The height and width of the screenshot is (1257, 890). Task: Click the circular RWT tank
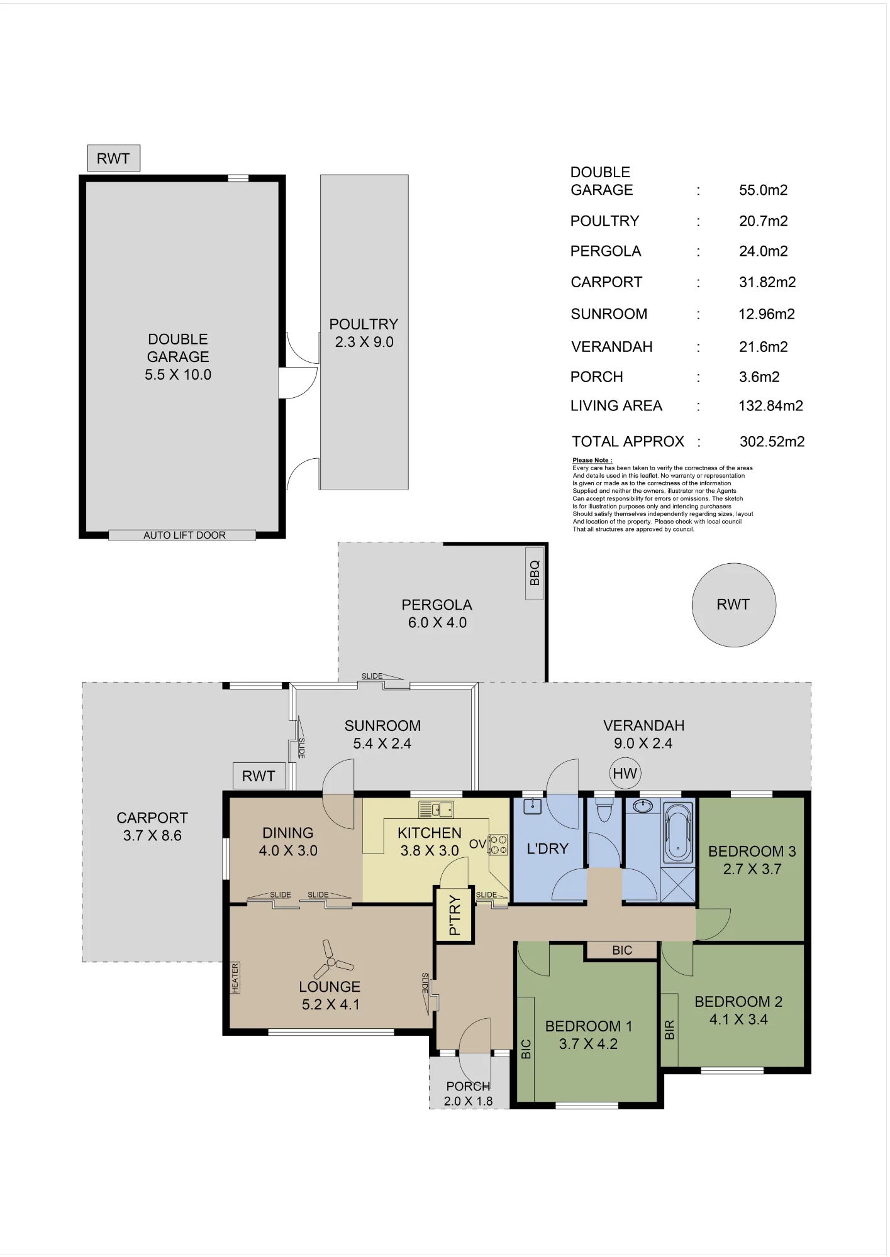pyautogui.click(x=733, y=605)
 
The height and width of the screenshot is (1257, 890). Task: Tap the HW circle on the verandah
pyautogui.click(x=625, y=773)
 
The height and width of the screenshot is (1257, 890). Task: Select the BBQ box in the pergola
pyautogui.click(x=534, y=573)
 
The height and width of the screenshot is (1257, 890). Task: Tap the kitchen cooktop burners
pyautogui.click(x=498, y=844)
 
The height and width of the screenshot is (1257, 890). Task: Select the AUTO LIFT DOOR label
pyautogui.click(x=184, y=535)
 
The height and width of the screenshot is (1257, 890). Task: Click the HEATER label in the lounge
pyautogui.click(x=235, y=978)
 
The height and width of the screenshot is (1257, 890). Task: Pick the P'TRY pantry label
pyautogui.click(x=455, y=915)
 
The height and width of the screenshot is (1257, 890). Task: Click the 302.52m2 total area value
pyautogui.click(x=772, y=441)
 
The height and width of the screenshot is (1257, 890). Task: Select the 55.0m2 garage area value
pyautogui.click(x=763, y=190)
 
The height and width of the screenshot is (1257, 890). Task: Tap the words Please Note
pyautogui.click(x=592, y=460)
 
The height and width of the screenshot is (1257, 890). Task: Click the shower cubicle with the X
pyautogui.click(x=678, y=884)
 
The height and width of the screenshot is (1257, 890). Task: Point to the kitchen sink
pyautogui.click(x=435, y=809)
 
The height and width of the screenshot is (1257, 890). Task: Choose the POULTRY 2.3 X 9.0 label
pyautogui.click(x=364, y=333)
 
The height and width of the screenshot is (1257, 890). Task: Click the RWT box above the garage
pyautogui.click(x=113, y=158)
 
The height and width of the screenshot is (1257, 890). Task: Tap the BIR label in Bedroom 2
pyautogui.click(x=669, y=1029)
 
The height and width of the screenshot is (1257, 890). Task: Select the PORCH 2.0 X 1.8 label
pyautogui.click(x=469, y=1093)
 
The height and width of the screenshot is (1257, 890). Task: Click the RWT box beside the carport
pyautogui.click(x=259, y=776)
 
